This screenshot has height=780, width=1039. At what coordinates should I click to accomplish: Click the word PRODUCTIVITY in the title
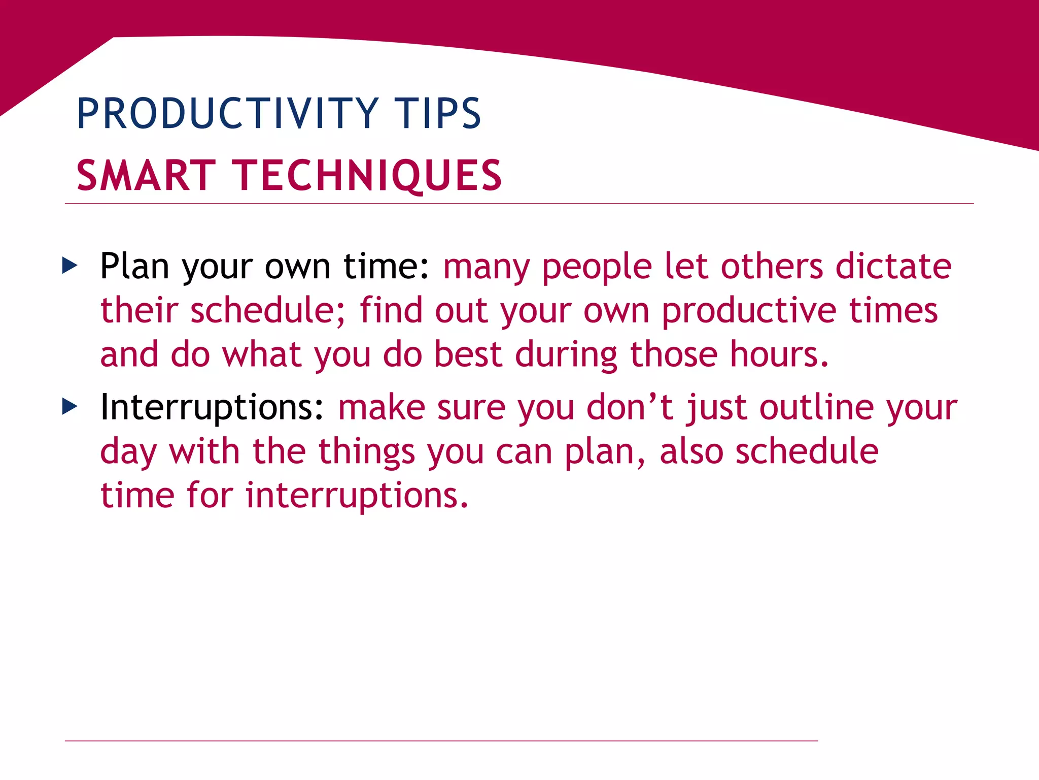pyautogui.click(x=227, y=114)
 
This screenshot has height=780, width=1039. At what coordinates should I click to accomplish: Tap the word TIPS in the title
pyautogui.click(x=437, y=114)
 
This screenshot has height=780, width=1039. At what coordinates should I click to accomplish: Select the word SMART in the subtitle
pyautogui.click(x=147, y=176)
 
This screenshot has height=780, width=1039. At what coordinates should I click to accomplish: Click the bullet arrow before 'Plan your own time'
pyautogui.click(x=70, y=265)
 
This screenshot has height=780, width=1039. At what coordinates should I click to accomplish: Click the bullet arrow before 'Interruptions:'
pyautogui.click(x=70, y=406)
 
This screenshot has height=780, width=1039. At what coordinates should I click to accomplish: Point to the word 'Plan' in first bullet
pyautogui.click(x=134, y=266)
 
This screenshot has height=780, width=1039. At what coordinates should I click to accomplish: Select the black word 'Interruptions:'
pyautogui.click(x=212, y=407)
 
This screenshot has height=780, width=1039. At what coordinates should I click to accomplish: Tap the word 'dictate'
pyautogui.click(x=893, y=266)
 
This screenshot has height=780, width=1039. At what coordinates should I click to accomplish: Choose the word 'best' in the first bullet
pyautogui.click(x=468, y=354)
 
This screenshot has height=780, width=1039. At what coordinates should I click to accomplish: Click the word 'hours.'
pyautogui.click(x=779, y=354)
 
